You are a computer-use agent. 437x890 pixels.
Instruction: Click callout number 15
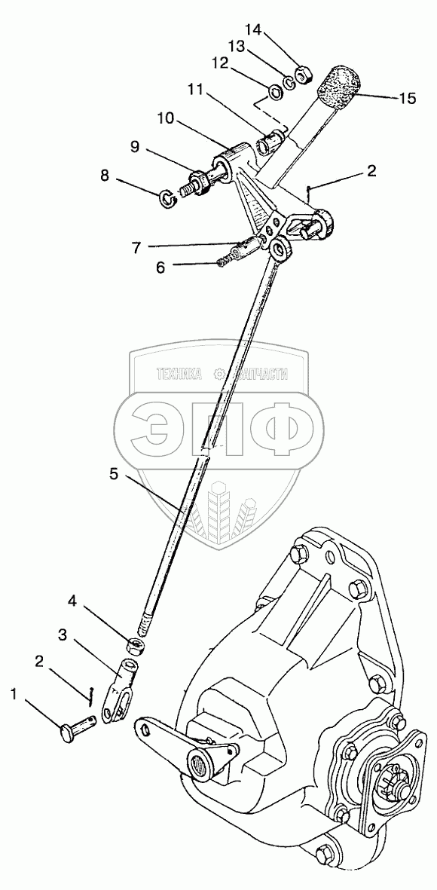407,98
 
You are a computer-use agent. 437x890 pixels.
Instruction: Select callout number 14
253,30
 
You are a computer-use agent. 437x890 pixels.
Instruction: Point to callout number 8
105,176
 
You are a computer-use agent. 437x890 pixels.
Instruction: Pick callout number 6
160,268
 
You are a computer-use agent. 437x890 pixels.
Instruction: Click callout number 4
72,600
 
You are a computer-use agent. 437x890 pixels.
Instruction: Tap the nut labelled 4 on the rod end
134,645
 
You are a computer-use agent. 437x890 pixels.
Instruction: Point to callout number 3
63,636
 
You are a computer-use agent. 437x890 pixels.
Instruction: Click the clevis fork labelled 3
121,686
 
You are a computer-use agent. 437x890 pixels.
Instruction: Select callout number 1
15,694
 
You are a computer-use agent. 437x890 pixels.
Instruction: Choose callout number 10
167,119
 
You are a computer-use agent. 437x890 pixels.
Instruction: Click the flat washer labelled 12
276,91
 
